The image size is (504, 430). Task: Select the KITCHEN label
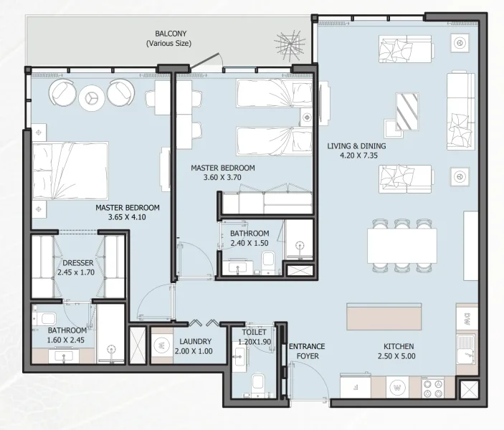point(396,346)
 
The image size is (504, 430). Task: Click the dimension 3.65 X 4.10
point(128,217)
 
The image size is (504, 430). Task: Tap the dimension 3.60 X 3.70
point(223,178)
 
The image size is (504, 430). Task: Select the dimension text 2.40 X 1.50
point(249,243)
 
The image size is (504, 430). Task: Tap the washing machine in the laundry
point(161,345)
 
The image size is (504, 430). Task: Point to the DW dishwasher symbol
point(466,315)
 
